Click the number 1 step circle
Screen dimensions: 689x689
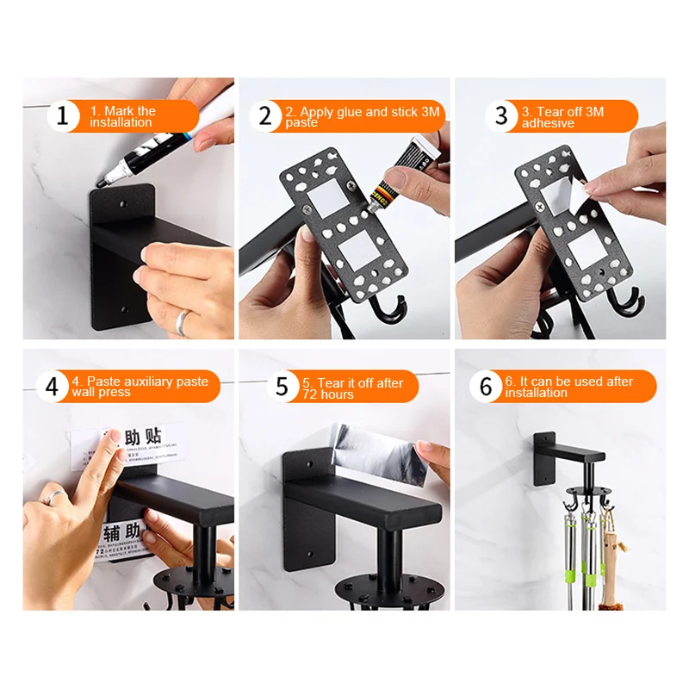tap(62, 116)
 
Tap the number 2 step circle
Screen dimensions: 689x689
tap(265, 116)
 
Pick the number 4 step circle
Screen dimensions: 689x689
tap(52, 387)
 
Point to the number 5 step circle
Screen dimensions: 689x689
tap(282, 387)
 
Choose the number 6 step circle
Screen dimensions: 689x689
tap(486, 387)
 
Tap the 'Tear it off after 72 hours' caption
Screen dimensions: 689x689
tap(353, 388)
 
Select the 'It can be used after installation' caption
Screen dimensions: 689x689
tap(568, 387)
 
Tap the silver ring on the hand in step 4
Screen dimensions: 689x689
tap(54, 496)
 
